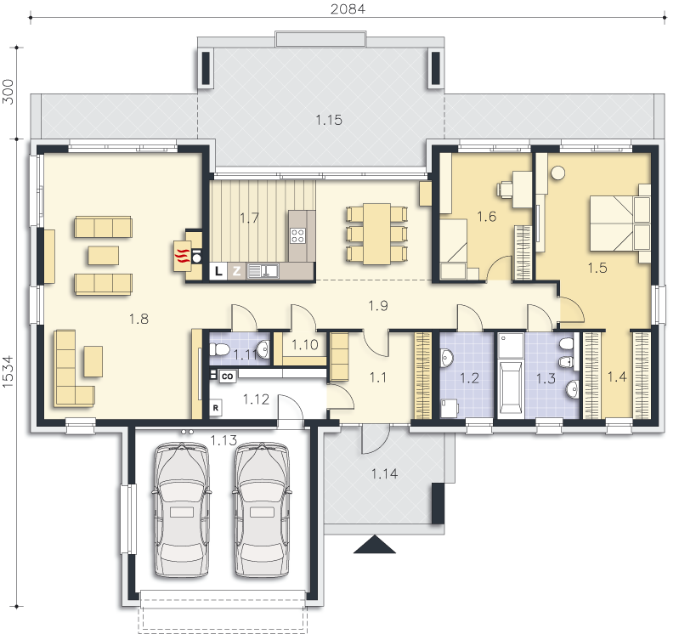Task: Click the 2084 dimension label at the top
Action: tap(348, 8)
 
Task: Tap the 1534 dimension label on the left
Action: tap(8, 371)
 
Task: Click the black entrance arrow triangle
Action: tap(375, 545)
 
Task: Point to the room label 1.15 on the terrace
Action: tap(329, 120)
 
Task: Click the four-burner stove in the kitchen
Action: tap(297, 236)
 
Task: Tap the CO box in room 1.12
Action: tap(228, 376)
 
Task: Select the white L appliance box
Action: tap(218, 271)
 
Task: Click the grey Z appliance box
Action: tap(236, 271)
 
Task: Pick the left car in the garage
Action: tap(182, 509)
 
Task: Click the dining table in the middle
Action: tap(376, 234)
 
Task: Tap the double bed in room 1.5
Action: tap(620, 224)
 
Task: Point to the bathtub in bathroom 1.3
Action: tap(511, 388)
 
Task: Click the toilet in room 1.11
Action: tap(219, 350)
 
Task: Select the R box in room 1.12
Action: tap(216, 408)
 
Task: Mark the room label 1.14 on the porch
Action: tap(384, 473)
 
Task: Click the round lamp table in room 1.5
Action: tap(558, 173)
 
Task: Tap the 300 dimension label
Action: tap(8, 92)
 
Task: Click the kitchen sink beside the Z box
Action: tap(263, 271)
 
